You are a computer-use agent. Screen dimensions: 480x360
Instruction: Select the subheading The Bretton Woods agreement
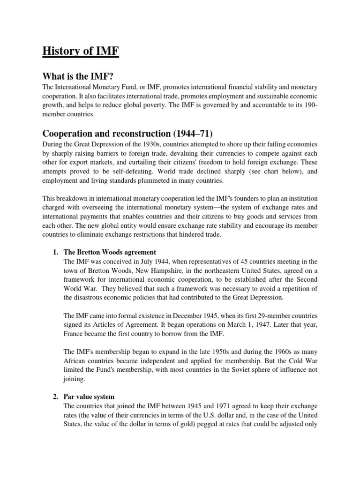click(x=109, y=252)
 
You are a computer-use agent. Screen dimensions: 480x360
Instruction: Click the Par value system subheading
click(x=89, y=397)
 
